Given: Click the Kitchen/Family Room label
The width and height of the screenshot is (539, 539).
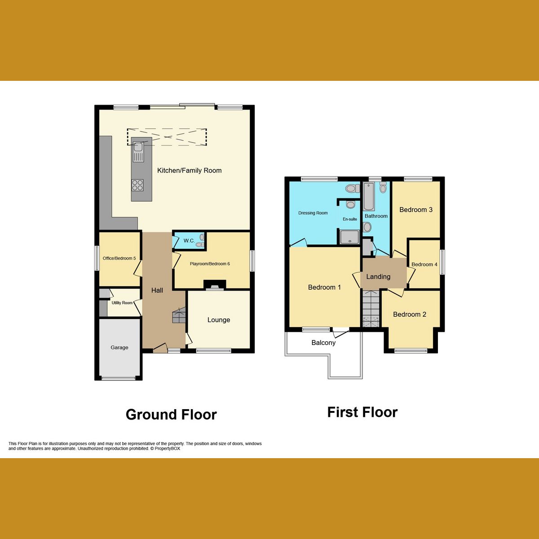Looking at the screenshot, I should click(x=189, y=171).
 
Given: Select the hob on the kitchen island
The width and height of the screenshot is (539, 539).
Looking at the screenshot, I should click(x=137, y=185).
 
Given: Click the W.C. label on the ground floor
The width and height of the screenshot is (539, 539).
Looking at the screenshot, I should click(x=189, y=241).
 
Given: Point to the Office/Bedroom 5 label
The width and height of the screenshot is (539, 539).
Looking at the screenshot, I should click(x=119, y=258).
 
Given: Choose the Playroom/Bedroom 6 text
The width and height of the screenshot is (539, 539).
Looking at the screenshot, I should click(x=210, y=264).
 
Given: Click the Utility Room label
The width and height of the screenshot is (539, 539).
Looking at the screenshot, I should click(x=122, y=303).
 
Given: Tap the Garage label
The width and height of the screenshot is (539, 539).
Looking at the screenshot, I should click(x=119, y=348).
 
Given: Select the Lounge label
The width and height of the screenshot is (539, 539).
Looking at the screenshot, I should click(x=219, y=320).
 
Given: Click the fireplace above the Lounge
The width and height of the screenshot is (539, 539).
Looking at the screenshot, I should click(x=215, y=285).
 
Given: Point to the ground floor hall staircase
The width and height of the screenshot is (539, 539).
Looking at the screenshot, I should click(x=179, y=315).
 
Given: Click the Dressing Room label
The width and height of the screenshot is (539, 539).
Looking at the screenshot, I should click(x=313, y=213).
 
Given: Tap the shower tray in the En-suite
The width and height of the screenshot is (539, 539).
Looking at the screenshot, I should click(x=349, y=237).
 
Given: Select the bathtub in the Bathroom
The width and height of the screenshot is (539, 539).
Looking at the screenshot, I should click(x=369, y=197).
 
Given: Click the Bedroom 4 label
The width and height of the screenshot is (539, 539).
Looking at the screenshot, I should click(x=424, y=265).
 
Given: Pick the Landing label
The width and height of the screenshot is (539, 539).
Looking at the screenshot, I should click(x=378, y=277).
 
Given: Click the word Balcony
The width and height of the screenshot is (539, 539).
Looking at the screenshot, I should click(x=323, y=343).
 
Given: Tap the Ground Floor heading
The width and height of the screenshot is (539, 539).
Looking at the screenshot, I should click(x=171, y=414).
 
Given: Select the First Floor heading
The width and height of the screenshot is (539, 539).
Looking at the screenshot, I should click(x=362, y=412).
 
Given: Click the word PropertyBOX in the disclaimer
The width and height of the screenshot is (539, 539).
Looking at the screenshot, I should click(x=168, y=448).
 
